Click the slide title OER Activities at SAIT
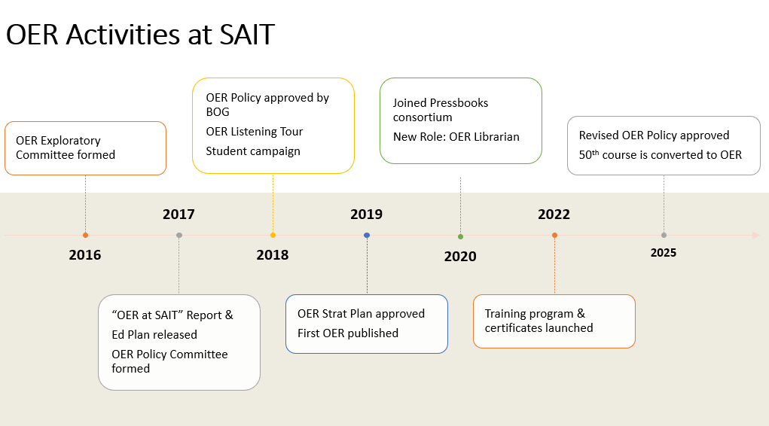140,35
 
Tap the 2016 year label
84,255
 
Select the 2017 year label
179,215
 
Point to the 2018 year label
272,255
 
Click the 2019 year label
366,215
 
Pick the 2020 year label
459,257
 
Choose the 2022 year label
554,215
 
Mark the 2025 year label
663,253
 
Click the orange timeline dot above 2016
85,235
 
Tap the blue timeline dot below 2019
367,235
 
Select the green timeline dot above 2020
460,236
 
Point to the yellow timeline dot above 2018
273,235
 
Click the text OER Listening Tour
254,132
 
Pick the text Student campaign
253,151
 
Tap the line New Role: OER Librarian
456,137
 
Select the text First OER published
347,333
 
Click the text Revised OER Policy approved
654,135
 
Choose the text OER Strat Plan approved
361,313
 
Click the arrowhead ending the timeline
755,235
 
